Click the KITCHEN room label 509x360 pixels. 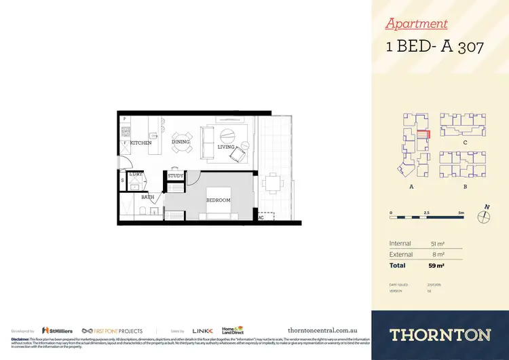(x=141, y=143)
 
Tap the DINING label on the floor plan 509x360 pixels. (x=181, y=142)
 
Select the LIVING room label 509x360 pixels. (x=226, y=147)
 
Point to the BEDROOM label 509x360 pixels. (x=219, y=200)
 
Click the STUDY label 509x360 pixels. (x=176, y=177)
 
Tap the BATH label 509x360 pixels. (x=148, y=198)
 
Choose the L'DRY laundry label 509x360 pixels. (x=135, y=174)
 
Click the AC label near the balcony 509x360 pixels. (x=261, y=218)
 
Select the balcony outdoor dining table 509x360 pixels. (x=273, y=183)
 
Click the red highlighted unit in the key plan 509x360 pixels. (x=422, y=135)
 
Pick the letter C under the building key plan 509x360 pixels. (x=465, y=143)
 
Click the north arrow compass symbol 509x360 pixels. (x=484, y=217)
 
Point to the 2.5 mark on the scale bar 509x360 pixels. (x=426, y=213)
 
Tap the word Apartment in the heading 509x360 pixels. (x=416, y=24)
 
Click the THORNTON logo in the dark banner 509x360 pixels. (x=440, y=335)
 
